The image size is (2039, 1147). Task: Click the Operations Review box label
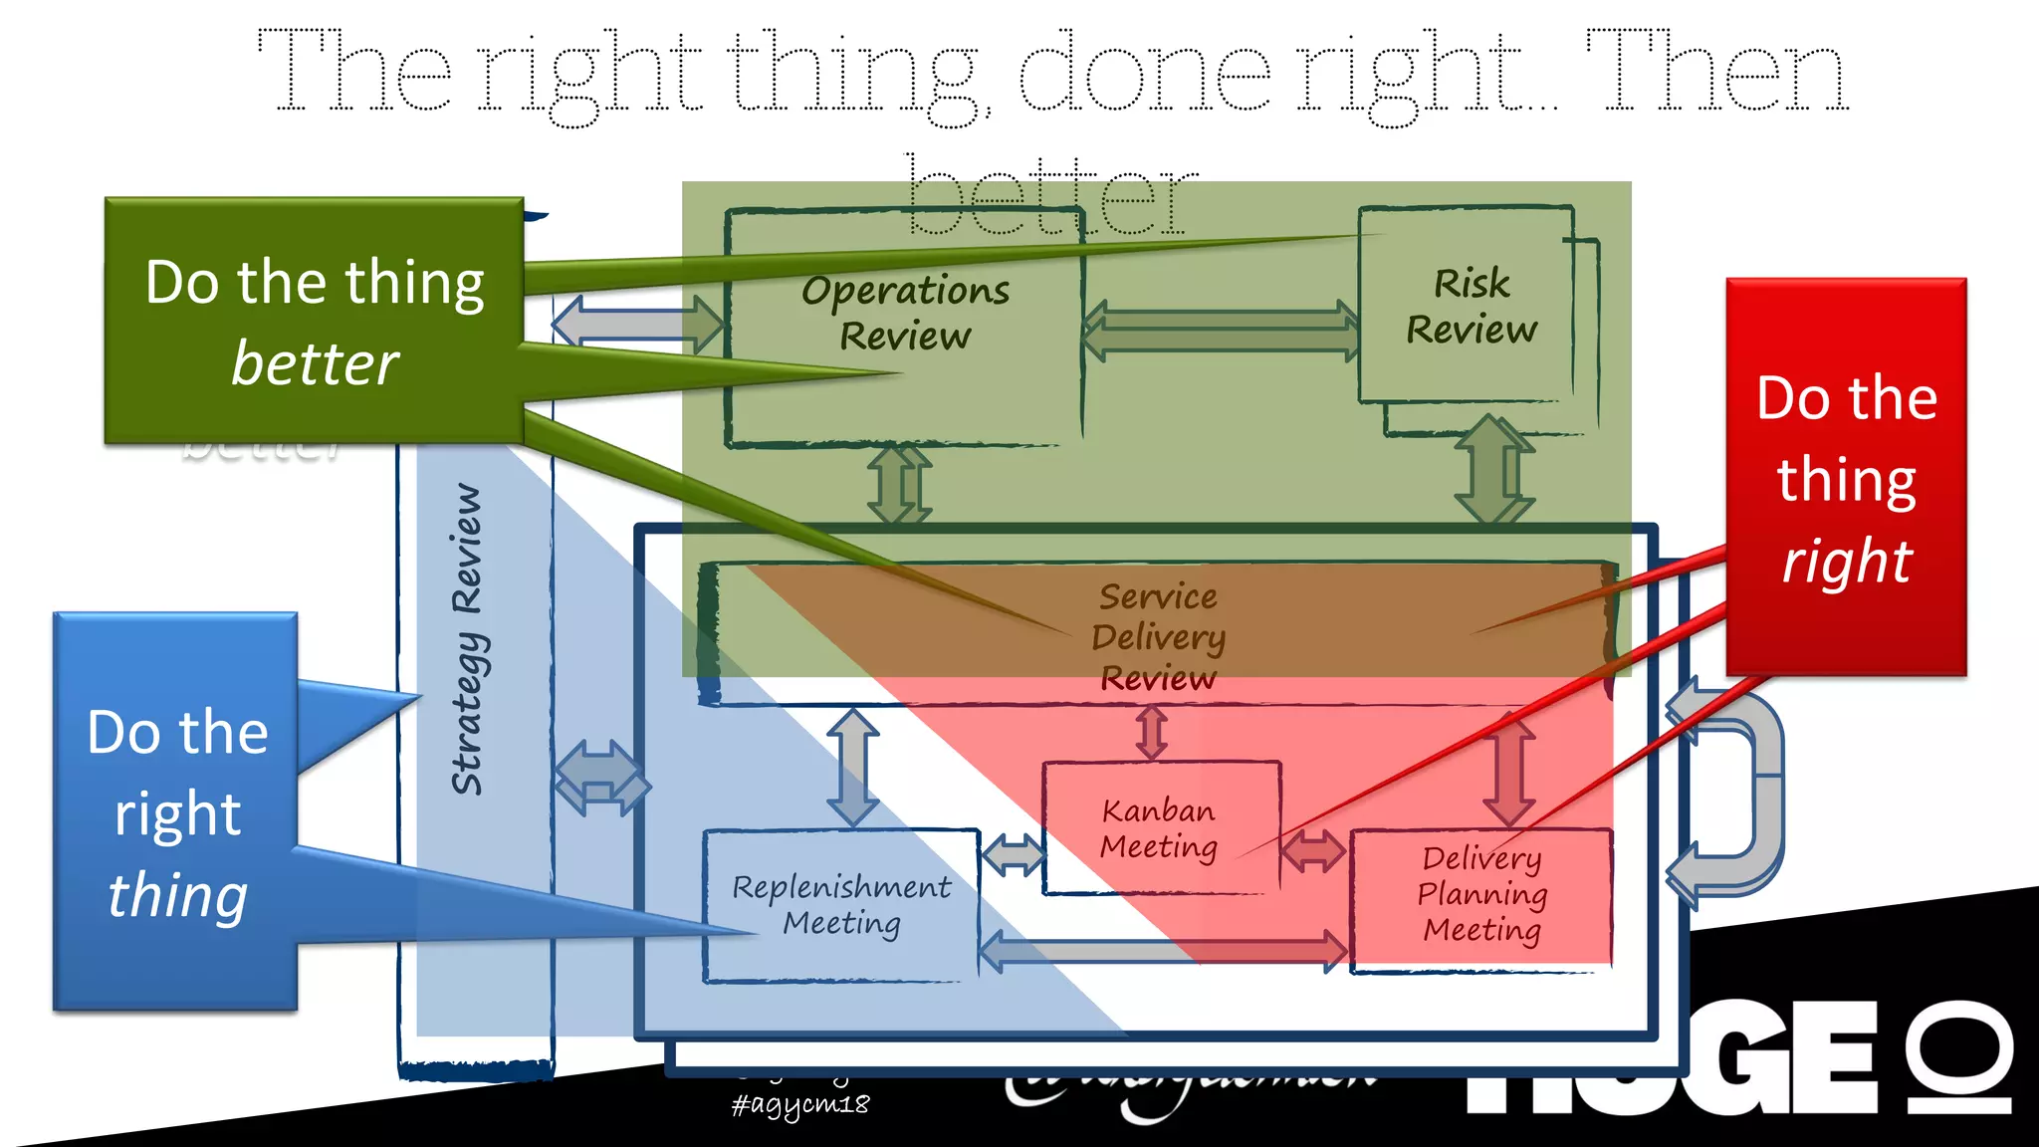tap(905, 313)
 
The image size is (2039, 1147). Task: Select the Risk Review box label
tap(1472, 307)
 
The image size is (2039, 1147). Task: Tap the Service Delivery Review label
tap(1158, 637)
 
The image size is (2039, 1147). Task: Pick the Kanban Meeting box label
tap(1159, 828)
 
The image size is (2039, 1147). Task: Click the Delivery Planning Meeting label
tap(1481, 894)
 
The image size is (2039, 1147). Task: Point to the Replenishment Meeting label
tap(841, 905)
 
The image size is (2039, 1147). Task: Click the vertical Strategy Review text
tap(467, 639)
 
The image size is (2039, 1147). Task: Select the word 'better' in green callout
tap(315, 363)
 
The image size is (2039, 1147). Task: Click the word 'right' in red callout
tap(1847, 561)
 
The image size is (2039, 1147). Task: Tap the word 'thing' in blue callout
tap(177, 895)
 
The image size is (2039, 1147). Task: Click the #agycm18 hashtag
tap(800, 1104)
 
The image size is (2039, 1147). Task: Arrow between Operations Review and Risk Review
tap(1221, 331)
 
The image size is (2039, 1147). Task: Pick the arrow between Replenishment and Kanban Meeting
tap(1013, 853)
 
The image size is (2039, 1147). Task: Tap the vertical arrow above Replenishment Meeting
tap(853, 767)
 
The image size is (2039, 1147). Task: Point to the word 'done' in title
tap(1145, 75)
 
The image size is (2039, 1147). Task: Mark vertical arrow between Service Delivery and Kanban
tap(1152, 733)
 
